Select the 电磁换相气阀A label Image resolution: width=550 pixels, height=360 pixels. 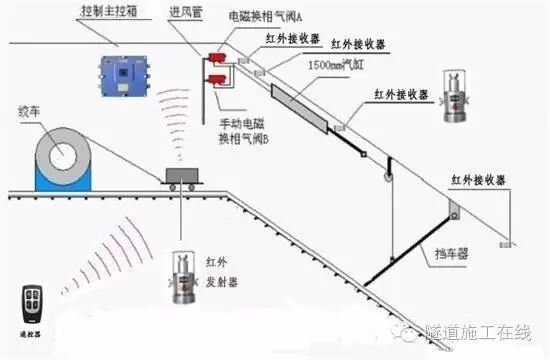(268, 15)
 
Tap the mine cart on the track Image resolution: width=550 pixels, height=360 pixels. (179, 179)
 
